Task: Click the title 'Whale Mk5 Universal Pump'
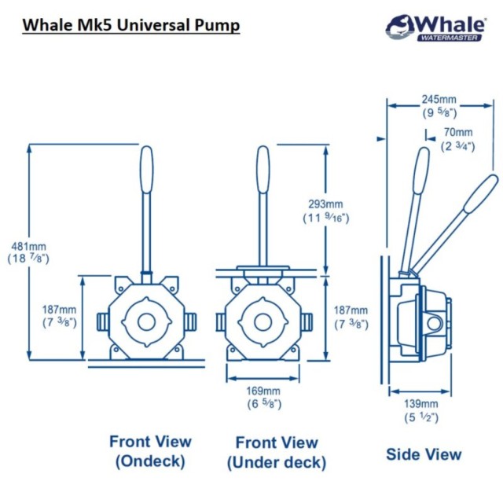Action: click(x=130, y=24)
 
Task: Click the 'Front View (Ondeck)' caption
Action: click(x=149, y=452)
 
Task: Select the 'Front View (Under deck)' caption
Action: click(x=276, y=453)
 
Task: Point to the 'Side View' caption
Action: click(x=424, y=453)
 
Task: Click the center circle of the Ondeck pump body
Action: click(x=145, y=321)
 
